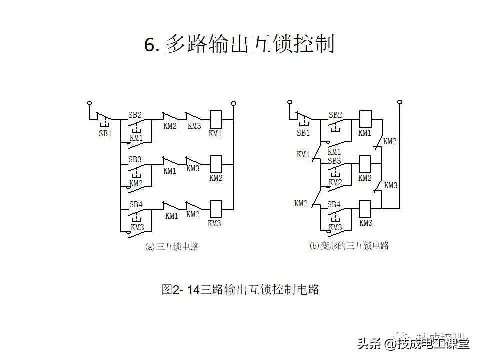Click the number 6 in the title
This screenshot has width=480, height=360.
tap(150, 45)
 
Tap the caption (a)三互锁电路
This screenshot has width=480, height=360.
tap(171, 246)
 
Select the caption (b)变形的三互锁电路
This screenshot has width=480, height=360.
tap(349, 245)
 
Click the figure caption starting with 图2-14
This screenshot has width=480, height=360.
tap(240, 289)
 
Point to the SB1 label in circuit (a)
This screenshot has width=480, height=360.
tap(105, 133)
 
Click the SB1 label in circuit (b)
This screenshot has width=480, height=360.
tap(303, 133)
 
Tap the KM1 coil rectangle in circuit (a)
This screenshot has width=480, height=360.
tap(216, 119)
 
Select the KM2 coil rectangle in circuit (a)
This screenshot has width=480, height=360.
tap(216, 163)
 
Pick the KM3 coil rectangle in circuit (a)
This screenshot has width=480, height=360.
tap(216, 207)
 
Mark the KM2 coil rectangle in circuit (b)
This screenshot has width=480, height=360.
tap(365, 163)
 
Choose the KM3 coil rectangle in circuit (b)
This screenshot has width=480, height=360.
tap(365, 207)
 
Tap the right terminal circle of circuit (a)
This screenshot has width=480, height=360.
tap(233, 103)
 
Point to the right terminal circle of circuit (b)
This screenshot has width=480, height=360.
tap(399, 102)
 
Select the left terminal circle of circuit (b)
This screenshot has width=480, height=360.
tap(289, 102)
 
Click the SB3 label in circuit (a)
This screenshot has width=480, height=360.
tap(135, 159)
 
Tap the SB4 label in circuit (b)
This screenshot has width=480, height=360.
tap(334, 204)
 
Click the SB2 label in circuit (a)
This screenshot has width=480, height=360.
tap(135, 115)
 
